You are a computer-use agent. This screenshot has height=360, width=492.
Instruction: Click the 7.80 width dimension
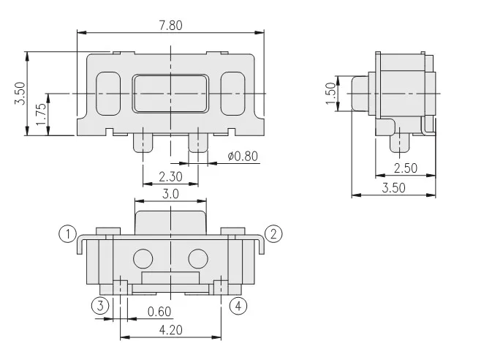[x=170, y=25]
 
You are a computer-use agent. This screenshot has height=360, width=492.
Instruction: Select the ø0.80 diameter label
[x=242, y=156]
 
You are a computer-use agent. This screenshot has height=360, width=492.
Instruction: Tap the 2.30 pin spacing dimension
[x=170, y=176]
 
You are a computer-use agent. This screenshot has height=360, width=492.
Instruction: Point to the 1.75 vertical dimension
[x=41, y=115]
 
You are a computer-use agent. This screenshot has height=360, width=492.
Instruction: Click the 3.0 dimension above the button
[x=170, y=194]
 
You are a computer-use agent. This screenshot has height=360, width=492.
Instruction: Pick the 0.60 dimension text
[x=159, y=312]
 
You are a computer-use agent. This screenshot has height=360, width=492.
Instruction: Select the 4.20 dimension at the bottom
[x=170, y=330]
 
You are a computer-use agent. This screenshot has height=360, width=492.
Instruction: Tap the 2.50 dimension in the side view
[x=405, y=168]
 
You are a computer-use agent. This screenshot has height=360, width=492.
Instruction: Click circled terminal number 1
[x=67, y=234]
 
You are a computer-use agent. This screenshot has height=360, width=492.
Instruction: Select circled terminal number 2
[x=273, y=234]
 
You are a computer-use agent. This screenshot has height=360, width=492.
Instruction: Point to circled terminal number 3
[x=100, y=305]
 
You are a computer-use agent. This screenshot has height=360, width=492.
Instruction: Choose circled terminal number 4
[x=238, y=305]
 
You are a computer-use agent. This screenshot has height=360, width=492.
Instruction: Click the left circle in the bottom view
[x=143, y=258]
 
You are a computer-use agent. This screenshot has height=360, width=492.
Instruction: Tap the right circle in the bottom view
[x=197, y=258]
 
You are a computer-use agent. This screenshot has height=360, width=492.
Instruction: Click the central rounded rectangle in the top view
[x=170, y=93]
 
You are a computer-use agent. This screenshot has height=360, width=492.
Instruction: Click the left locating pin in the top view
[x=143, y=140]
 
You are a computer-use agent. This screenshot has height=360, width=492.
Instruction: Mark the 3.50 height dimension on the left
[x=20, y=93]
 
